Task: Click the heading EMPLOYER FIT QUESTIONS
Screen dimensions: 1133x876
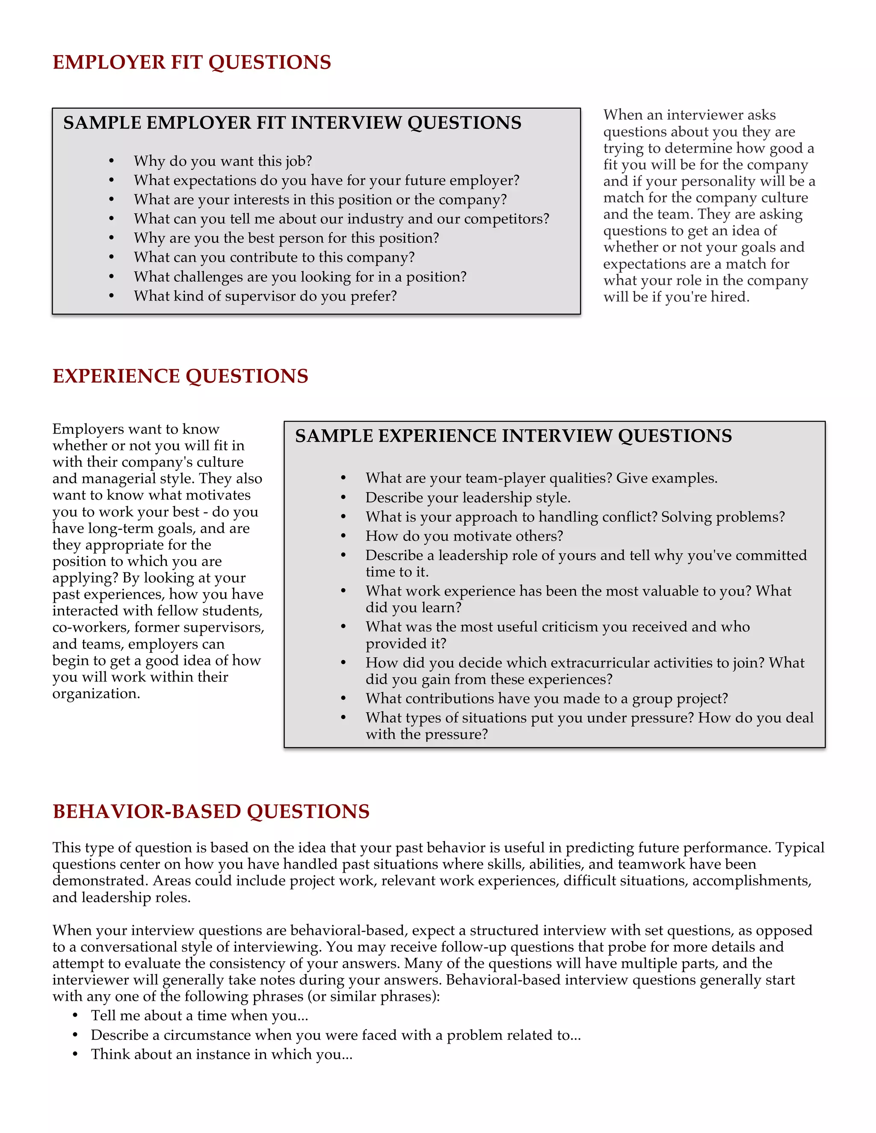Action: [192, 62]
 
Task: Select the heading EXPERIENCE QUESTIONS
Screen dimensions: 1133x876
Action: [180, 376]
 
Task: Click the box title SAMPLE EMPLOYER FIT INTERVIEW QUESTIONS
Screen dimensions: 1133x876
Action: [292, 123]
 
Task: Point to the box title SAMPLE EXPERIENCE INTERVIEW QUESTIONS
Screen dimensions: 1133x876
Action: [513, 436]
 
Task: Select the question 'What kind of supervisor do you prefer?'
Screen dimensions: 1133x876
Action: [265, 296]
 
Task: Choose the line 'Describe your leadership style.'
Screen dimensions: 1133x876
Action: [468, 498]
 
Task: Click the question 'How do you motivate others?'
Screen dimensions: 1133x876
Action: [464, 536]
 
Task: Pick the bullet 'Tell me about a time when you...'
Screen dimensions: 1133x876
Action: [199, 1016]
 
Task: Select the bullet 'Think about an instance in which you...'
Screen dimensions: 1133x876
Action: [222, 1054]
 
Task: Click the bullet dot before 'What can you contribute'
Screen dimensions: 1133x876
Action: [112, 257]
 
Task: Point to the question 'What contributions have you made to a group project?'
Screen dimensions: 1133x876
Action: [547, 698]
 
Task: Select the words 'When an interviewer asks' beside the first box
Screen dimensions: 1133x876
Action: [689, 115]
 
